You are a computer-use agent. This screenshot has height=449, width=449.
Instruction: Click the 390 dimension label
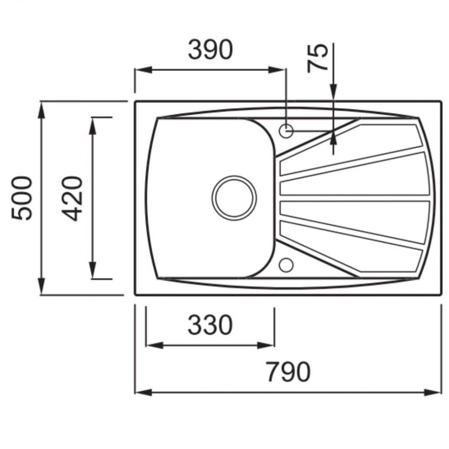coord(210,50)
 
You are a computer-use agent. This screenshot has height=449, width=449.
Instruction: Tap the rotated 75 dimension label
coord(317,58)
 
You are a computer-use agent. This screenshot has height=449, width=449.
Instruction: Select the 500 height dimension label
coord(22,198)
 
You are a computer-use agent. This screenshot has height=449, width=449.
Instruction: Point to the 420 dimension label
coord(72,198)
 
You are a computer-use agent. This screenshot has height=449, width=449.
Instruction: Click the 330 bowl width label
coord(210,325)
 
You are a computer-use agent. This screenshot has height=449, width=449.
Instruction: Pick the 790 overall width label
coord(288,372)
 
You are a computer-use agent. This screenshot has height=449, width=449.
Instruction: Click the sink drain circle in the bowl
coord(234,198)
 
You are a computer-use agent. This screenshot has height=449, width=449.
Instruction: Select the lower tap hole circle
coord(286,265)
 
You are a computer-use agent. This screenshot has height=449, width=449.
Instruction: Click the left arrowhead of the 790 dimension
coord(143,392)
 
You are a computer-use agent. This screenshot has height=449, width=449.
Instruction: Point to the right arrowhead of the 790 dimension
coord(433,392)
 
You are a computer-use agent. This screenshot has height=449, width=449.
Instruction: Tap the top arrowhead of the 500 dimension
coord(42,110)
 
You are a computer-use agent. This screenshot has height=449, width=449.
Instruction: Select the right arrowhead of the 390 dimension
coord(277,70)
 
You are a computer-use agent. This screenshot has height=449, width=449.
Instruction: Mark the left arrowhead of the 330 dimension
coord(155,345)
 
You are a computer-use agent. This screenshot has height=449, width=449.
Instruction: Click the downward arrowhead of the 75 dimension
coord(333,92)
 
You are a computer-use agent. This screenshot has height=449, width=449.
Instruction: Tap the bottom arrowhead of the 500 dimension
coord(42,286)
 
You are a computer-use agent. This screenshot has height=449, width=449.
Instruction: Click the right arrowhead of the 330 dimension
coord(266,345)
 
